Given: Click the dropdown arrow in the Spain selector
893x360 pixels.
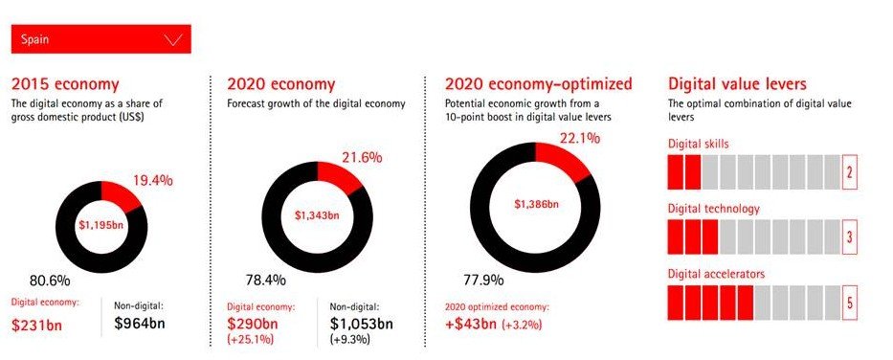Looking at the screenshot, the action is [x=172, y=39].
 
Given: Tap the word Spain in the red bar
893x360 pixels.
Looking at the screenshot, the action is [x=34, y=39].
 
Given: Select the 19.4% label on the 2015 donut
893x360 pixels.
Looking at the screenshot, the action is [x=152, y=181].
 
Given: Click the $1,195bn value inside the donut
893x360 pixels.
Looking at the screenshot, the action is [x=101, y=224].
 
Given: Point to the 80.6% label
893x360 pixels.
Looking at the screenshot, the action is [x=50, y=281].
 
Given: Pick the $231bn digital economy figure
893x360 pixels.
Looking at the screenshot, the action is [x=36, y=325].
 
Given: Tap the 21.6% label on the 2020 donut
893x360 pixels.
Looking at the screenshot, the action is [x=362, y=158].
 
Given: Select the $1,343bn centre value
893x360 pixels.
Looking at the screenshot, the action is [x=317, y=215].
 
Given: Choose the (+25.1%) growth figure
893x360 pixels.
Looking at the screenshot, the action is [x=251, y=340].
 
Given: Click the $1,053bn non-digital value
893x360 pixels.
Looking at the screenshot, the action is [x=362, y=324].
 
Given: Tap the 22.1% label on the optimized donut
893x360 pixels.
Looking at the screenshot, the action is [x=579, y=139].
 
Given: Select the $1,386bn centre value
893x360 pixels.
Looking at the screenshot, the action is [x=536, y=204].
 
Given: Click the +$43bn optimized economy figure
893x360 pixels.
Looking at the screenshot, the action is [x=472, y=325].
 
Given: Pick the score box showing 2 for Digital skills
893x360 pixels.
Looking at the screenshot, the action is [x=849, y=171].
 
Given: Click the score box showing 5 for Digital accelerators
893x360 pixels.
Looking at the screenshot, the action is [x=849, y=303].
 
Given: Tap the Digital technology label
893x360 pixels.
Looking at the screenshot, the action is [x=714, y=209].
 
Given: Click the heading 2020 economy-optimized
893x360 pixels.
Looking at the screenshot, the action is [x=538, y=84].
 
